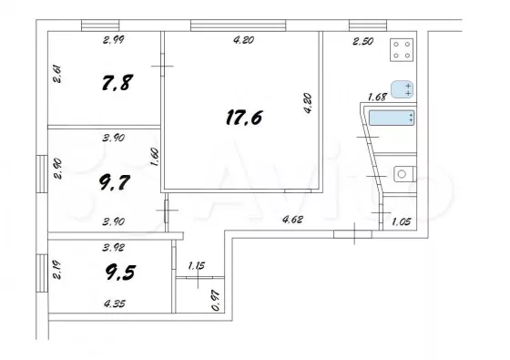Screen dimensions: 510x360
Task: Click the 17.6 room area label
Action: pos(244,118)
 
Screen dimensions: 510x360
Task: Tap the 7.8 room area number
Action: pos(117,82)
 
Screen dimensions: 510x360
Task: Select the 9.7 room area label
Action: pos(115,182)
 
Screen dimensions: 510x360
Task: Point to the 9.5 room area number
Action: pos(120,273)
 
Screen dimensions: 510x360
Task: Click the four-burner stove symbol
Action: pos(402,50)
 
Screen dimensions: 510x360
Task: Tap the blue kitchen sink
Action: pos(402,89)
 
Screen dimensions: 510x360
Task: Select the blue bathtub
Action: pos(392,118)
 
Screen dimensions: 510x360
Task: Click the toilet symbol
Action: pos(405,174)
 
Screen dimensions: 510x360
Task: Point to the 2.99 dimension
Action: pos(114,40)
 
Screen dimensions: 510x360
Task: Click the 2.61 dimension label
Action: pos(56,74)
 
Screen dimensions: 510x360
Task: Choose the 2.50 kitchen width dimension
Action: pos(362,41)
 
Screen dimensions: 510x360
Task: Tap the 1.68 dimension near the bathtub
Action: pos(377,97)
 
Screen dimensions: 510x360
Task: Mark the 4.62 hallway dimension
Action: pos(292,220)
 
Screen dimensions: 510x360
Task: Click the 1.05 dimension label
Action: pos(402,222)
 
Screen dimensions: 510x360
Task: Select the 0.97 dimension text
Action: pos(216,301)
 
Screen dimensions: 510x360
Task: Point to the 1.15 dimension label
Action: pos(197,265)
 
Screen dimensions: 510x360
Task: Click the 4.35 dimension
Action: pos(115,304)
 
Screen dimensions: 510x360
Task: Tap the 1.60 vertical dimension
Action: pos(155,157)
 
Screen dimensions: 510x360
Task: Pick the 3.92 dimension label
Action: pos(113,247)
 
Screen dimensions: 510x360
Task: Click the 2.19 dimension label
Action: pos(56,272)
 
